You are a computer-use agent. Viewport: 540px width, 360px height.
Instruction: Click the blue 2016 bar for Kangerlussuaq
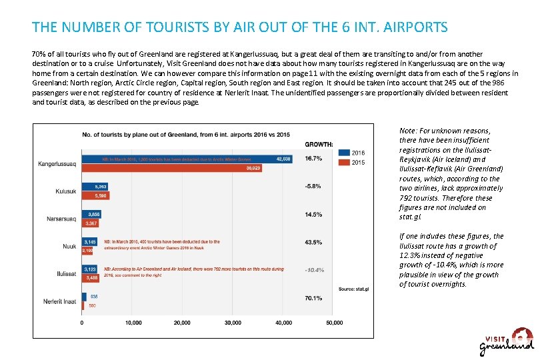187,159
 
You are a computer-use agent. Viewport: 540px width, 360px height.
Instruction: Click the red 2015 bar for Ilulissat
91,278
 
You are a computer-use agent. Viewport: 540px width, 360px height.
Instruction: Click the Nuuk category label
69,247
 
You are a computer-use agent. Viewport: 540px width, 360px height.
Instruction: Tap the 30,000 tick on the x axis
233,323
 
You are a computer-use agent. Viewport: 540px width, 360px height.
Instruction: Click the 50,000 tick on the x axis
334,323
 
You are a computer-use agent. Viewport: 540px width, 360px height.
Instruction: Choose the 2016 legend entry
351,153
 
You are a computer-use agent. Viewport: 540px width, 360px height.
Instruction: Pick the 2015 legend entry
351,162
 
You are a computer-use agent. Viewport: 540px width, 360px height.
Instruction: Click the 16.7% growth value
313,159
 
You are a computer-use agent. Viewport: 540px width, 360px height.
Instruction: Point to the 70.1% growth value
313,298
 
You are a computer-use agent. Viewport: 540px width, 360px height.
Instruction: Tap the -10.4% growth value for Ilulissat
313,270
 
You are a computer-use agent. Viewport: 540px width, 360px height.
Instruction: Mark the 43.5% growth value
313,242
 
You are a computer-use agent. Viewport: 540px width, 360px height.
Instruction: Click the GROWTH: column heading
319,144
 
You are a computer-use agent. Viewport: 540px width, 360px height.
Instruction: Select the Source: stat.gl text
353,289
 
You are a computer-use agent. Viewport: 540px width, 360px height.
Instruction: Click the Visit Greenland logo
507,341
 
